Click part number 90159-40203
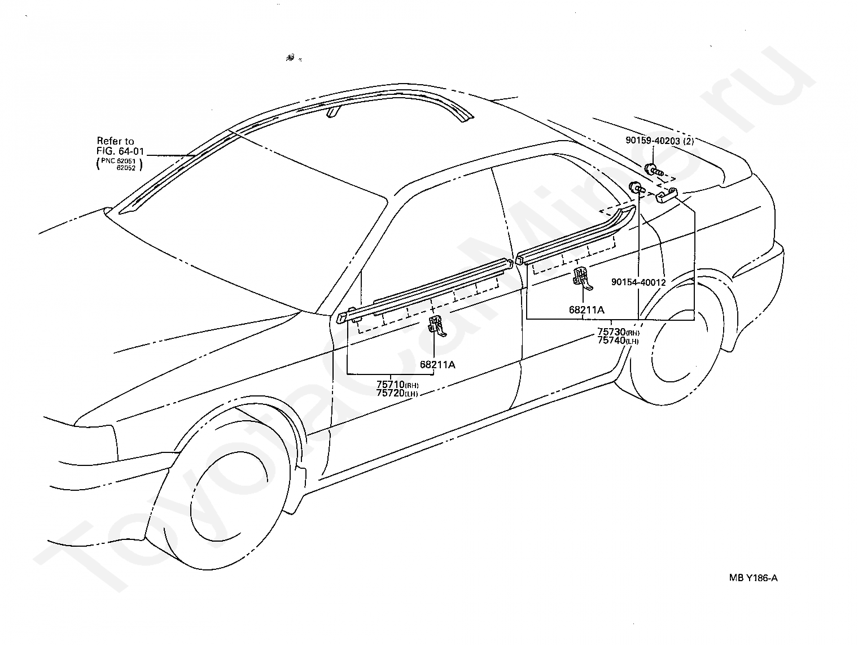[x=653, y=141]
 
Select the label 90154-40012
[x=638, y=282]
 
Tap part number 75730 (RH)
[x=618, y=332]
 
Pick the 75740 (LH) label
[x=618, y=341]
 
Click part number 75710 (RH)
[x=397, y=385]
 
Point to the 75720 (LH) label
[x=397, y=393]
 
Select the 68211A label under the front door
[x=437, y=364]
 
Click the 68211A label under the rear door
[x=586, y=310]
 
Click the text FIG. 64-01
[x=120, y=151]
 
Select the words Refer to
[x=115, y=141]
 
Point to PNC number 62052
[x=126, y=168]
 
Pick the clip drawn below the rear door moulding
[x=583, y=278]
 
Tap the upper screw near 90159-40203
[x=653, y=170]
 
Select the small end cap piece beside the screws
[x=667, y=195]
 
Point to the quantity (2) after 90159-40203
[x=688, y=141]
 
